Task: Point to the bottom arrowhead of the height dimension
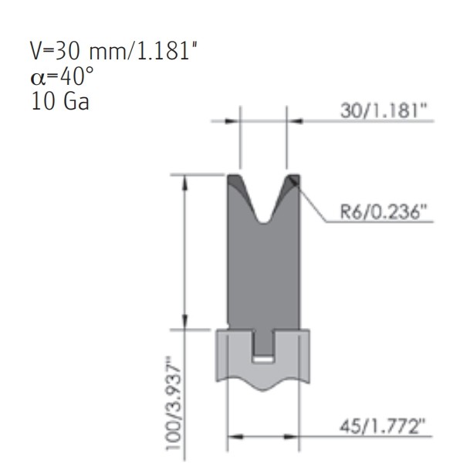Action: click(x=184, y=323)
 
